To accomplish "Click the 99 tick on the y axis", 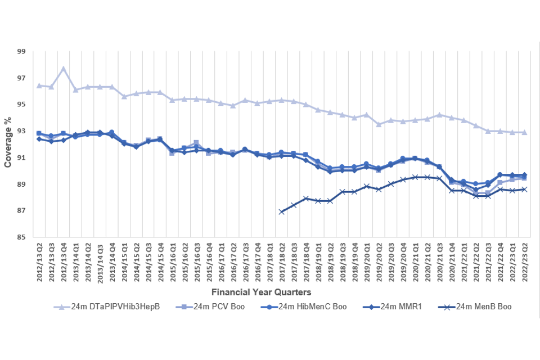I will (22, 51).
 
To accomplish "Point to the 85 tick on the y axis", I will (22, 237).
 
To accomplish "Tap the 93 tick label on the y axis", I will (22, 131).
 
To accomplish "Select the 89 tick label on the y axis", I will (22, 184).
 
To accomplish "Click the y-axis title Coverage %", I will (8, 144).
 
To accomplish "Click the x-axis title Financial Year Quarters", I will (261, 292).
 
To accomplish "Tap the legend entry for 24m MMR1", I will (397, 307).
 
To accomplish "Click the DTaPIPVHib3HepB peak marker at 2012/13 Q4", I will (63, 69).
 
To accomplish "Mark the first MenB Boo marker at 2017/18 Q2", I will (281, 211).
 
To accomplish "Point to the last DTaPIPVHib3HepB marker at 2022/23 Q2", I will (524, 132).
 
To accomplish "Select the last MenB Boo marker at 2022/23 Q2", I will (524, 190).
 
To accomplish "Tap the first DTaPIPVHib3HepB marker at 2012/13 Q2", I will (39, 85).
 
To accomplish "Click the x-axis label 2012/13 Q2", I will (39, 263).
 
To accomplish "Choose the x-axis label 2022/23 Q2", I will (524, 263).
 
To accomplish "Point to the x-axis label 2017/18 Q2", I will (281, 263).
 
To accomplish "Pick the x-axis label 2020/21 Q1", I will (415, 263).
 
